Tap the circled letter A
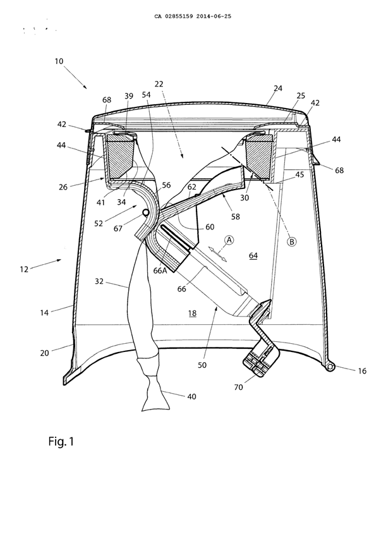coord(230,240)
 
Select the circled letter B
coord(293,241)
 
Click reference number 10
coord(59,61)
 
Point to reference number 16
coord(362,372)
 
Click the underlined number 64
coord(253,255)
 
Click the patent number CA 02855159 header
coord(193,16)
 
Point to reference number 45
coord(299,175)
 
